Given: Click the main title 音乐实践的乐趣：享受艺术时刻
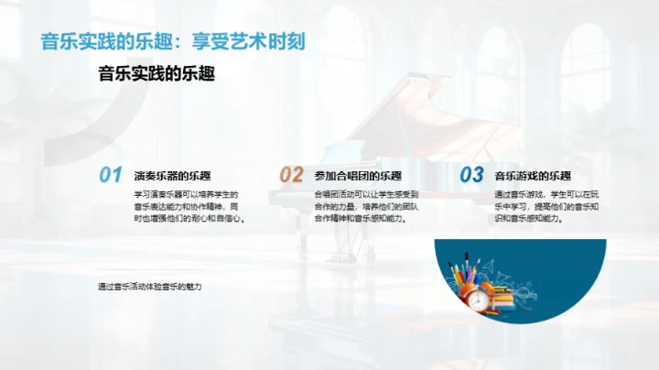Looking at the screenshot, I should click(x=173, y=41).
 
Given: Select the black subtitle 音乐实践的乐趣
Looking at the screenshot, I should click(x=157, y=74).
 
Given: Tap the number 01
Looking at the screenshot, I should click(x=110, y=175).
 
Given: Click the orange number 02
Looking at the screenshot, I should click(x=290, y=175).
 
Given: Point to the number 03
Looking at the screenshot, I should click(x=470, y=175).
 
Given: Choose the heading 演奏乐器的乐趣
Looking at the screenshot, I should click(x=172, y=176).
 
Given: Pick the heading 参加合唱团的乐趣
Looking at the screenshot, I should click(x=358, y=176).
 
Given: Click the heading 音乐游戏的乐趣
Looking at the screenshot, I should click(x=533, y=176).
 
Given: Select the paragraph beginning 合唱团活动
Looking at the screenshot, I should click(x=366, y=207).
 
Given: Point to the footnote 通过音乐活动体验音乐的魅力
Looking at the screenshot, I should click(x=149, y=287).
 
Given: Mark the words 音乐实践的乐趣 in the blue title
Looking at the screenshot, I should click(x=100, y=41).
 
